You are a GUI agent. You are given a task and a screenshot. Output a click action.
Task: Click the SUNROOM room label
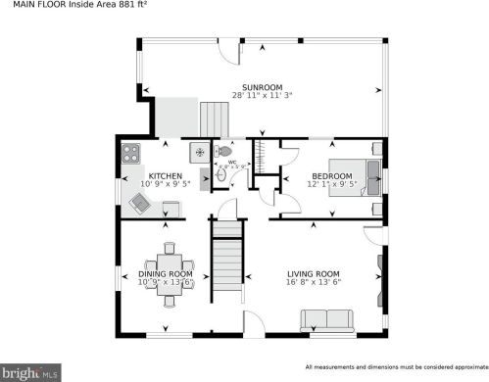coord(262,86)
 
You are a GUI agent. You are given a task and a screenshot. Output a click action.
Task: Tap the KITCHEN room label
coord(137,175)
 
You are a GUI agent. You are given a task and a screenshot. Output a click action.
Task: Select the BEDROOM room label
coord(305,175)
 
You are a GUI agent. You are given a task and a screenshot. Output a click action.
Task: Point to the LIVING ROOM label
coord(313,273)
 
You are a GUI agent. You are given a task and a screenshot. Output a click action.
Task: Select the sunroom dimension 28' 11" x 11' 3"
coord(262,95)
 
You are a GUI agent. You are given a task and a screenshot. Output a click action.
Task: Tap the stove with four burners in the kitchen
coord(131,153)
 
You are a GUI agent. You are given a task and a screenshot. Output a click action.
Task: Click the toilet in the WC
coord(225,153)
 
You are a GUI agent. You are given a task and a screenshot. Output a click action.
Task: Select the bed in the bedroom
coord(347,176)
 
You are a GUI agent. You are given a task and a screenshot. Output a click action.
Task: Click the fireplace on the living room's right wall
coord(379,268)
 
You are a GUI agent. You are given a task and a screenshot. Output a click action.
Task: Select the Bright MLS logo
coord(31,372)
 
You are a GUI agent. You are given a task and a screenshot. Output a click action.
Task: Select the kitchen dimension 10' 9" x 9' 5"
coord(137,184)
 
